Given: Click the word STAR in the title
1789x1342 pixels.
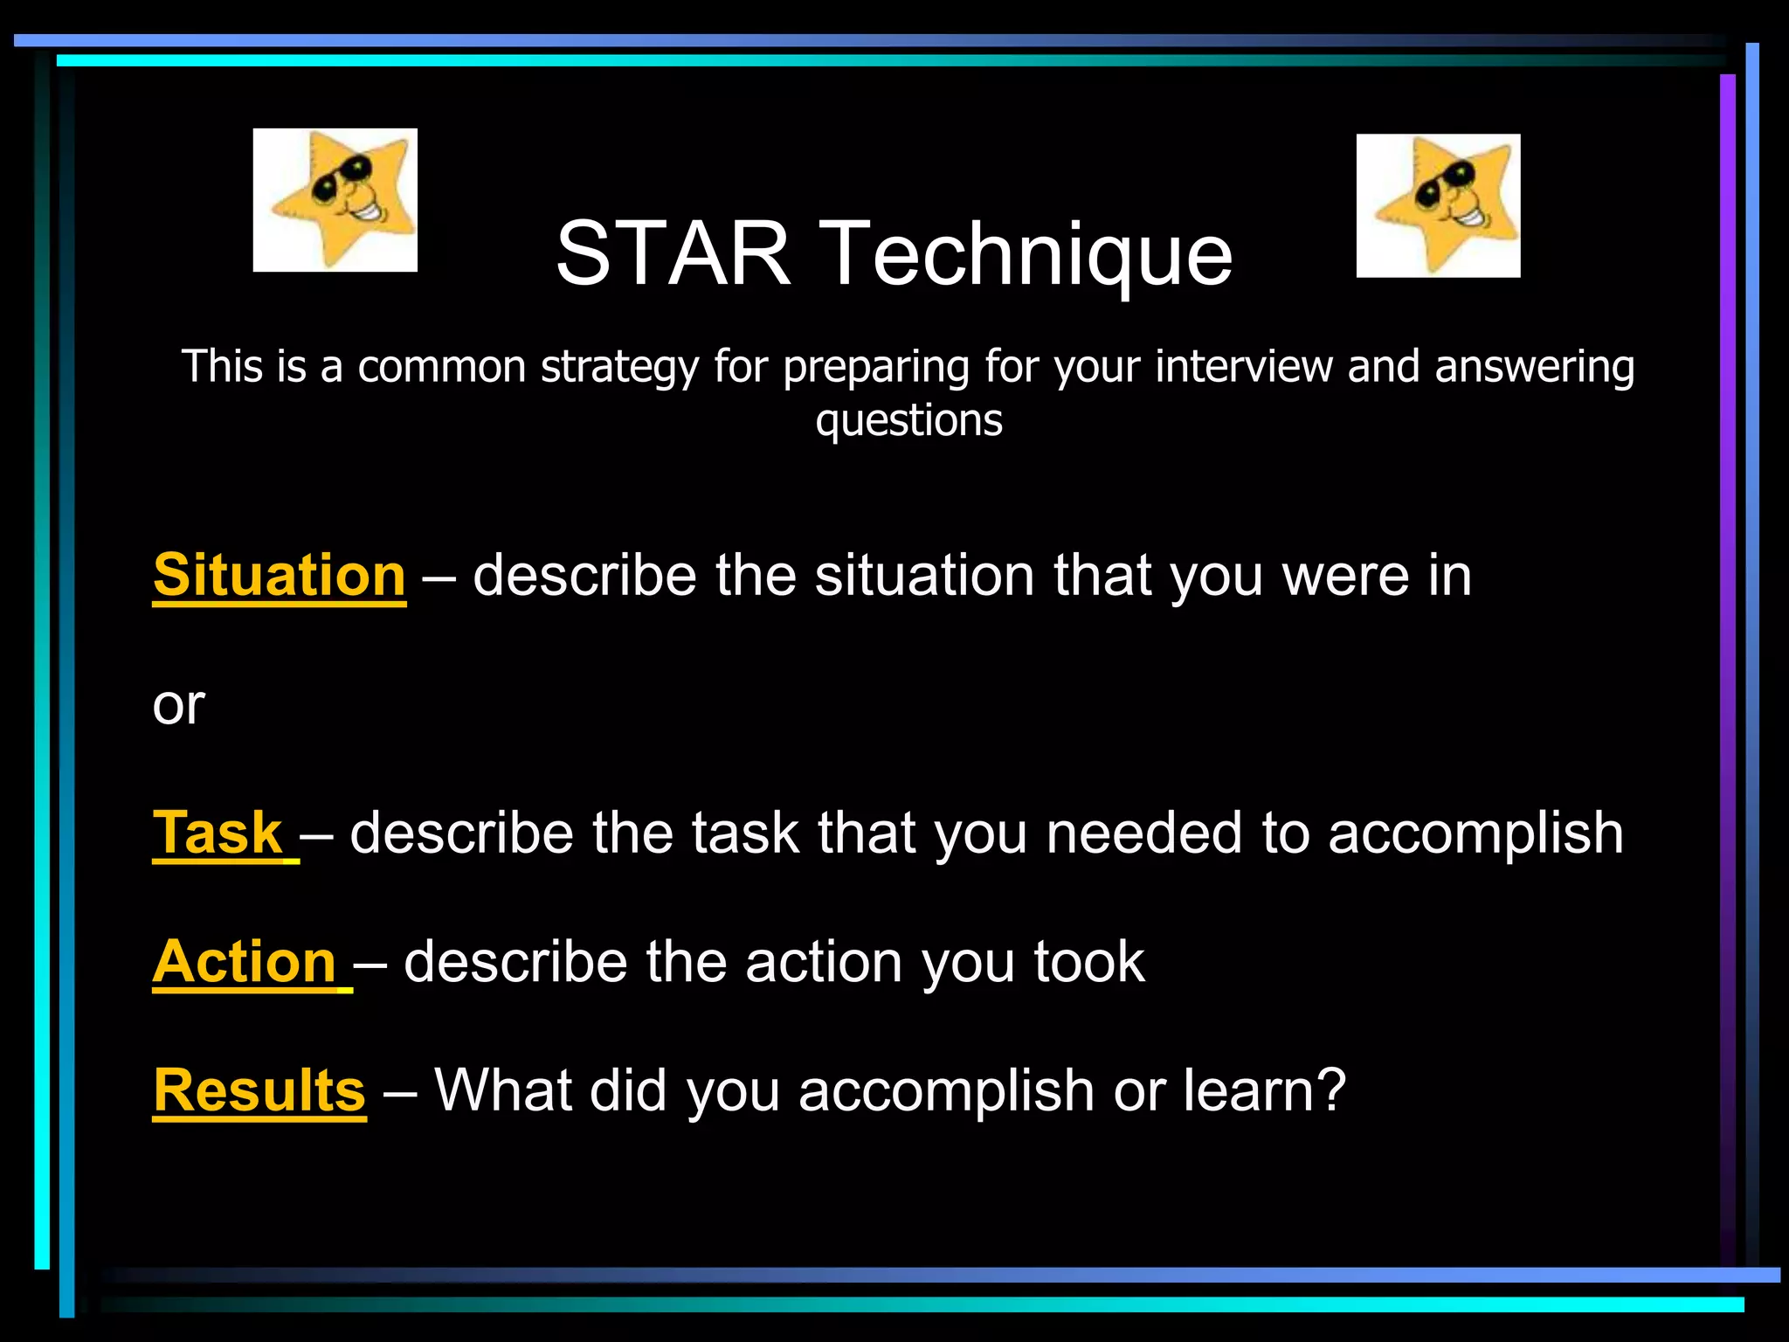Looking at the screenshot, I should [673, 253].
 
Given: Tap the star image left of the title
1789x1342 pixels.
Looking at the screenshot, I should [335, 200].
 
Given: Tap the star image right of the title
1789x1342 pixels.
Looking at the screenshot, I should [1438, 205].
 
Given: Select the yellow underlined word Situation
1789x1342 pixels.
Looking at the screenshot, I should [280, 575].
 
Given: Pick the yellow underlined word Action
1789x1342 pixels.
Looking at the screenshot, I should [245, 961].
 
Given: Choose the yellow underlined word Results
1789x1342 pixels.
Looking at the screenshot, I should [259, 1090].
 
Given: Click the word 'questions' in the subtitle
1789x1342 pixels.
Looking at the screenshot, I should [908, 421].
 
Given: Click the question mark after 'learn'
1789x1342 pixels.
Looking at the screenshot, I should [1331, 1090].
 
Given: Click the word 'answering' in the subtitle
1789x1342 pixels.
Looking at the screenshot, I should [1534, 368].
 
